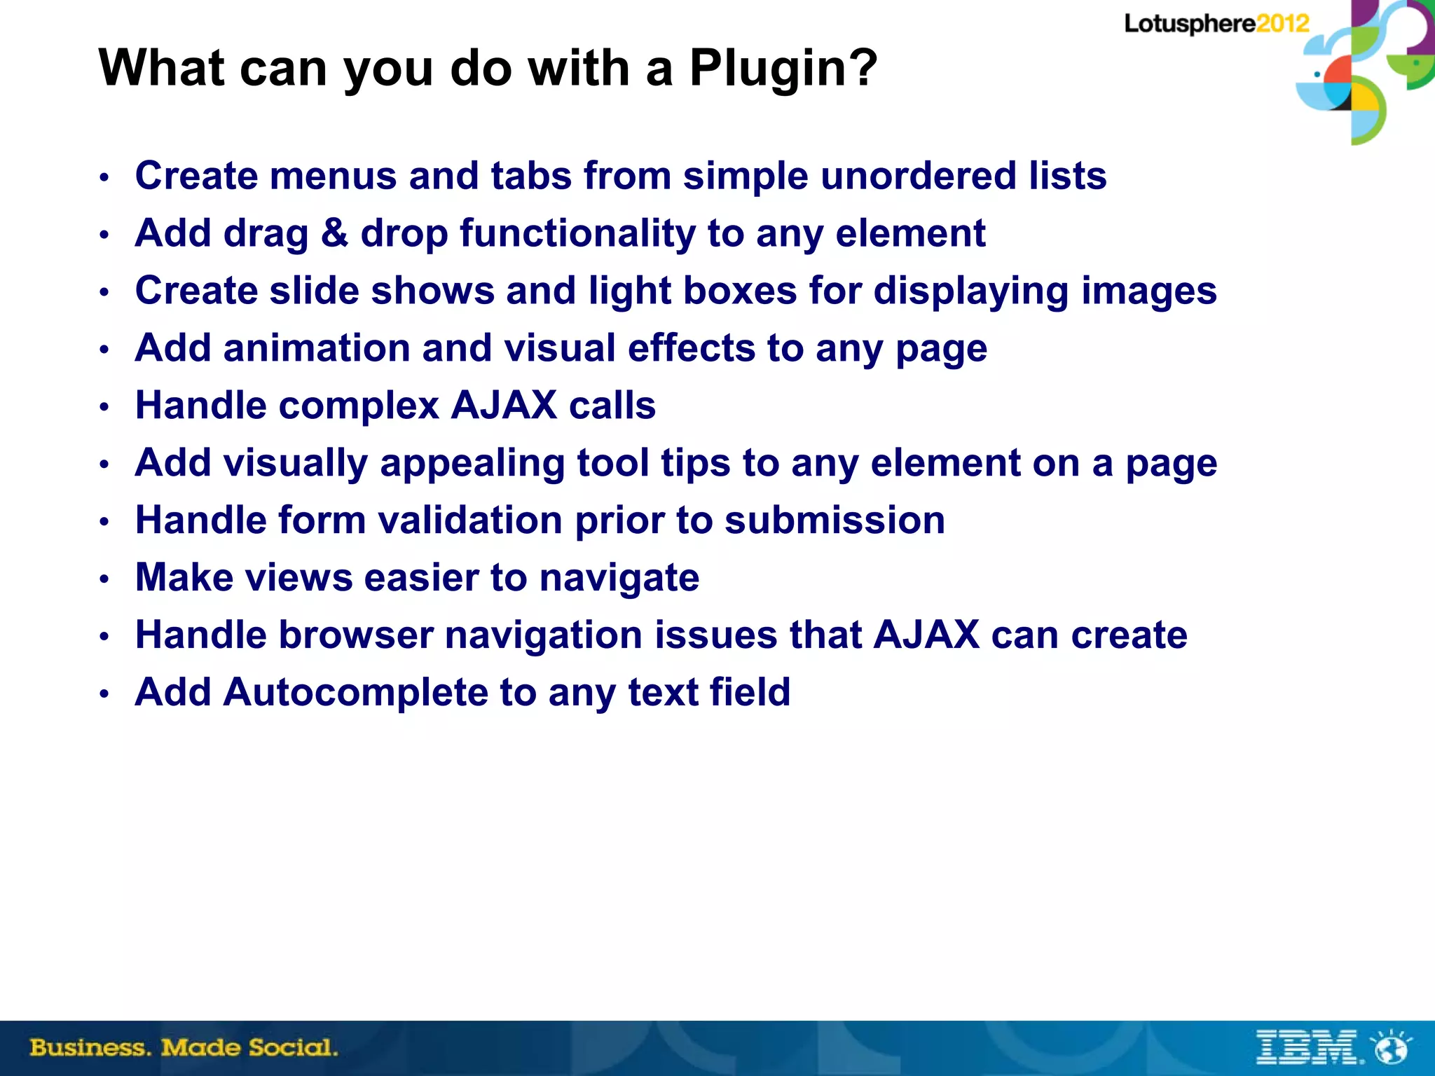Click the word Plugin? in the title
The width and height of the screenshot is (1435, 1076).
click(783, 69)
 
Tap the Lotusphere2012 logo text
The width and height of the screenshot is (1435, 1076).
click(1216, 24)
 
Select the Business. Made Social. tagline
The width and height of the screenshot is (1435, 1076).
click(184, 1048)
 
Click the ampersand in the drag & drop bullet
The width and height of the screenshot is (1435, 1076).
click(334, 233)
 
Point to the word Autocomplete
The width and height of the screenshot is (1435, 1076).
click(355, 693)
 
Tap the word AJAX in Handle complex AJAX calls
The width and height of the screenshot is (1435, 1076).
click(504, 406)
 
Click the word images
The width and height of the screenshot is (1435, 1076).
click(1149, 291)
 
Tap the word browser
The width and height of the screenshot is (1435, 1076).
click(355, 635)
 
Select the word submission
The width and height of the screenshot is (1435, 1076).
click(835, 520)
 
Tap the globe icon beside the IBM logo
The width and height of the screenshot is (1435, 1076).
click(1392, 1048)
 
